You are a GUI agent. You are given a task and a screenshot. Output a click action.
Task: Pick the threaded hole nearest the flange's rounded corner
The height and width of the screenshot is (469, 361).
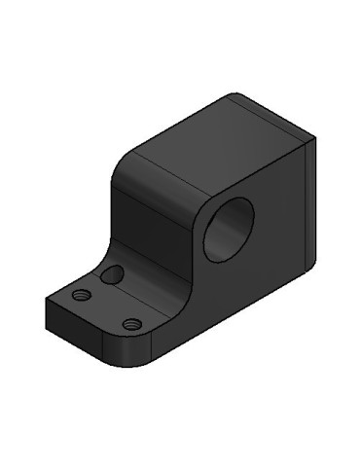[x=133, y=322]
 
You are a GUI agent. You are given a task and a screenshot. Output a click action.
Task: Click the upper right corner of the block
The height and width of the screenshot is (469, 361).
[x=313, y=141]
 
